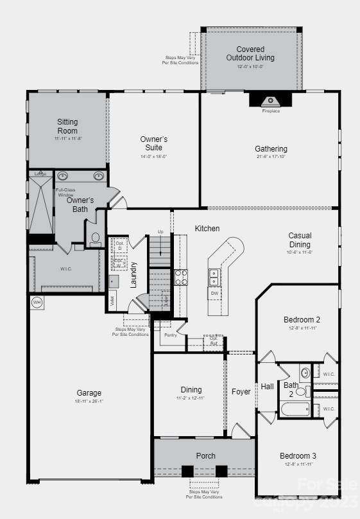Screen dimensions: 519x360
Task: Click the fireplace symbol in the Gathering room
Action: point(270,100)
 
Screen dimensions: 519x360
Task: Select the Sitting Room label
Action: point(67,126)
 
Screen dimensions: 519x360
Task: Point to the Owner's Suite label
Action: point(154,143)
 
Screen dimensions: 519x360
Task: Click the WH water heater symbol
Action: point(36,302)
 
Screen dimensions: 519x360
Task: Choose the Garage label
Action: point(89,393)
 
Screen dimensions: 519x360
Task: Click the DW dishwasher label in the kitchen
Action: point(214,293)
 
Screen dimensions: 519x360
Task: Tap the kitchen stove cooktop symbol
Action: point(182,277)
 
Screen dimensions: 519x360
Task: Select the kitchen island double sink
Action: point(214,277)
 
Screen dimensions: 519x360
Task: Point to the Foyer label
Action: point(241,391)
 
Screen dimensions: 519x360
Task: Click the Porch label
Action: point(206,455)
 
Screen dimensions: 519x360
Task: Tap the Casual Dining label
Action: point(300,240)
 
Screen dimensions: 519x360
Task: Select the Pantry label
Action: point(170,335)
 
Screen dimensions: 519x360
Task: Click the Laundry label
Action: point(134,274)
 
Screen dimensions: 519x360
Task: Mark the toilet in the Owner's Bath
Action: point(95,238)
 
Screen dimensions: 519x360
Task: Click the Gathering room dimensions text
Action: point(271,157)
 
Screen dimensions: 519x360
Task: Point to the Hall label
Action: point(267,387)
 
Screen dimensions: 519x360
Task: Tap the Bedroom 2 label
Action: point(302,319)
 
